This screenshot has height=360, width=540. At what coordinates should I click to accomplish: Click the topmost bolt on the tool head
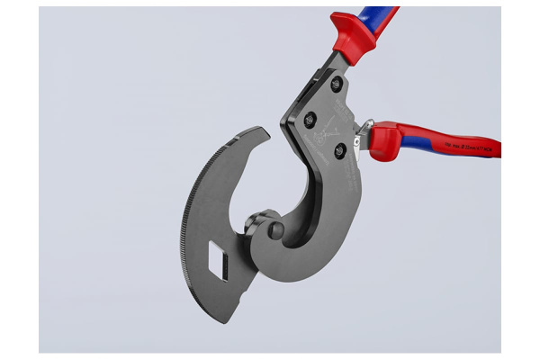coord(337,83)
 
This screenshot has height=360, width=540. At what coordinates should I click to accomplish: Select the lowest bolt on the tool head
coord(339,150)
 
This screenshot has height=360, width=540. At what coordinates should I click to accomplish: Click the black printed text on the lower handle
coord(468,145)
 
